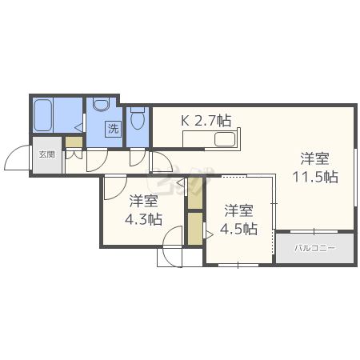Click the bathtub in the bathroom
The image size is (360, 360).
43,115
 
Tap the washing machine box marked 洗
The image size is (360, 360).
113,129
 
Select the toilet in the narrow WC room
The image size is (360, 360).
138,118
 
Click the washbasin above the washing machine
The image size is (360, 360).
102,105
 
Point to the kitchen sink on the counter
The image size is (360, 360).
225,139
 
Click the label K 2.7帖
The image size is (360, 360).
206,121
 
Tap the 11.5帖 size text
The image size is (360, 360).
315,177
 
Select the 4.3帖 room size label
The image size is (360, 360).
143,219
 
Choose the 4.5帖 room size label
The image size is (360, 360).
238,229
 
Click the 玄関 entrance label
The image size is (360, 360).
47,154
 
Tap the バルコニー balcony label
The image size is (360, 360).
314,249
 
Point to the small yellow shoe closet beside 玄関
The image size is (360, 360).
74,142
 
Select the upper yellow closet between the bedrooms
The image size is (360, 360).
195,194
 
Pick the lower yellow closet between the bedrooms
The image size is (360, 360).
195,229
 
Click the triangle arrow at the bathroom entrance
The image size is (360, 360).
78,128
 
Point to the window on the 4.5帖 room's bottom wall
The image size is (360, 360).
238,265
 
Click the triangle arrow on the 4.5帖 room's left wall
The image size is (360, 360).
209,234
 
